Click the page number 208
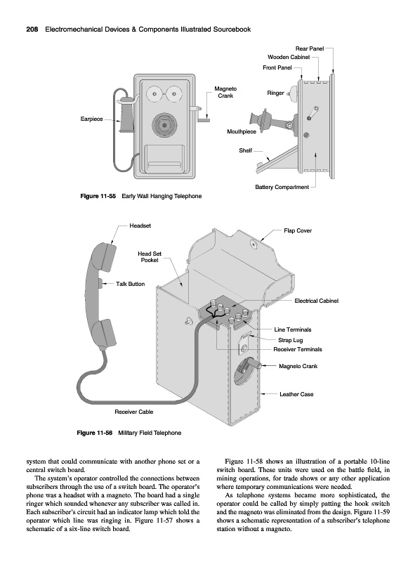[x=32, y=30]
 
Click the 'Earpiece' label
[x=91, y=119]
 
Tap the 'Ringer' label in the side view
[x=275, y=93]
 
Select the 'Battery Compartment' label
[x=282, y=187]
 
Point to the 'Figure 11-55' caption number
[x=98, y=196]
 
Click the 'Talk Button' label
[x=130, y=284]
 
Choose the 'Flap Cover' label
[x=298, y=231]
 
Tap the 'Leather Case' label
[x=296, y=394]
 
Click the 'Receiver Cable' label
[x=133, y=412]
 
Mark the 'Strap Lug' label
[x=290, y=340]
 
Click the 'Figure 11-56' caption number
[x=95, y=433]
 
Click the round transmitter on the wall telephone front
[x=164, y=125]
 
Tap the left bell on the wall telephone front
[x=154, y=94]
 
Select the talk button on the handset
[x=100, y=284]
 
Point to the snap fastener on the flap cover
[x=253, y=244]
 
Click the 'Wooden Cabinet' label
[x=289, y=57]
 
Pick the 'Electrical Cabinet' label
[x=317, y=301]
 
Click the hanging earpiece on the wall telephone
[x=126, y=114]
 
